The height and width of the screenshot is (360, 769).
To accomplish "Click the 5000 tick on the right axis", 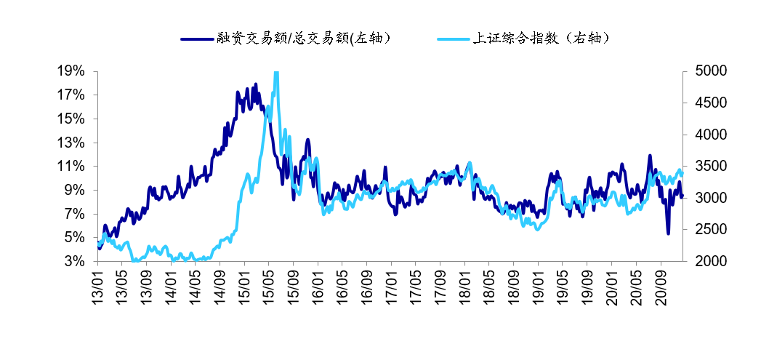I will click(x=705, y=71).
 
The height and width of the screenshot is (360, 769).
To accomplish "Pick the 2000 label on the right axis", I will click(x=705, y=261).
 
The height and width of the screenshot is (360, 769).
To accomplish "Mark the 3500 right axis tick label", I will click(x=705, y=166).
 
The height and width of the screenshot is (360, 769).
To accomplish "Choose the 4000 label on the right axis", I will click(x=705, y=135).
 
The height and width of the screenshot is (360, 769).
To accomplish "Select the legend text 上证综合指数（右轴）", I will click(x=540, y=39).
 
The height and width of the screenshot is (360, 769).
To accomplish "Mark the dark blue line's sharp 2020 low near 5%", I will click(x=668, y=233).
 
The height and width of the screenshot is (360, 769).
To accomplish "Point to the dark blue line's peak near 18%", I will click(x=256, y=84).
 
